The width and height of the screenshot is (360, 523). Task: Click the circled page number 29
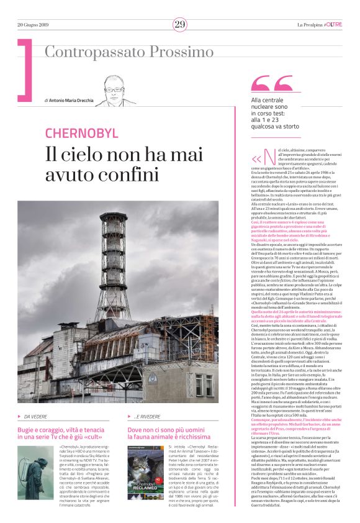179,24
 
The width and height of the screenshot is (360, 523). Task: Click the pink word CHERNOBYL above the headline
81,132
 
